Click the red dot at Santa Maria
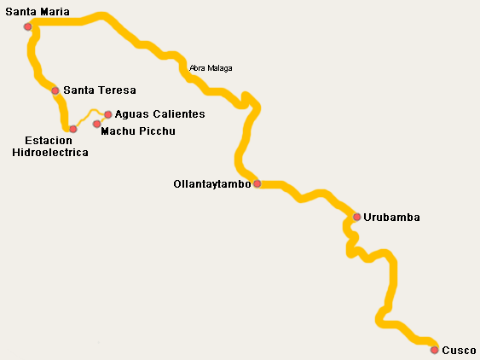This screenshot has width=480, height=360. click(28, 26)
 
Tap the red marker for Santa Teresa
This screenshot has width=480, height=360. click(55, 90)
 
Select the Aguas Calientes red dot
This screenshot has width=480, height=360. click(108, 114)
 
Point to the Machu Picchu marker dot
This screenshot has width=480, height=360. click(96, 124)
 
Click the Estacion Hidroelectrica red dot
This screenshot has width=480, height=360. click(73, 129)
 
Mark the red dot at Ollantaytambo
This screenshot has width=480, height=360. click(257, 183)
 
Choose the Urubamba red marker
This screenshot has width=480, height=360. click(356, 217)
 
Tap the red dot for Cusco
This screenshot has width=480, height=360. click(434, 350)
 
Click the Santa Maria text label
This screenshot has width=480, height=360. click(37, 12)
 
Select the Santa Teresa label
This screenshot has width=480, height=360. click(99, 90)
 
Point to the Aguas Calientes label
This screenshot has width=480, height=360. click(159, 114)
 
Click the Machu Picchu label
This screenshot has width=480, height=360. click(138, 131)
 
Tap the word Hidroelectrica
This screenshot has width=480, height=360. click(50, 152)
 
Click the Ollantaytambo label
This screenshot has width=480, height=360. click(211, 183)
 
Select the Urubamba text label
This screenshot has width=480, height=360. click(391, 218)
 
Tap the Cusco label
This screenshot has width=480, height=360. click(459, 350)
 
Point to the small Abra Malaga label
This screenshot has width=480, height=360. click(211, 68)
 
